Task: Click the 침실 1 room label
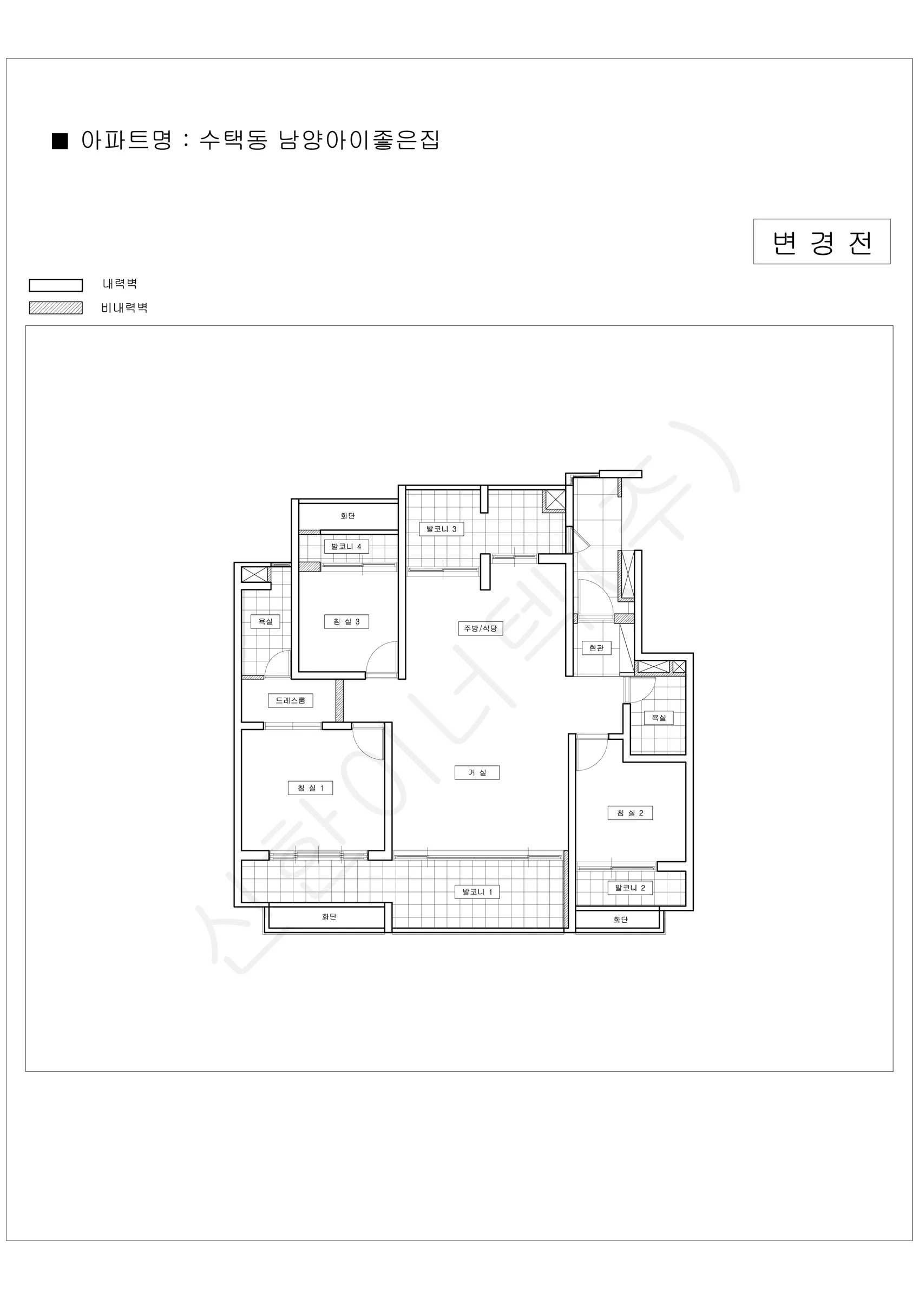coord(310,788)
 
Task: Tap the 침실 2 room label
coord(630,813)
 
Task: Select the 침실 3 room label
coord(346,621)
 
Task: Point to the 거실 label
coord(477,772)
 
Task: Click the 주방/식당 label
coord(481,628)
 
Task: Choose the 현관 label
coord(596,648)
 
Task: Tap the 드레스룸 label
coord(290,700)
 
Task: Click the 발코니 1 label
coord(477,892)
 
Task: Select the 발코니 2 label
coord(630,888)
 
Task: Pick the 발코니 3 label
coord(442,529)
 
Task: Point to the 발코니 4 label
coord(346,547)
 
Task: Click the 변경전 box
coord(822,241)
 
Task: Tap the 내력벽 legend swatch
coord(55,285)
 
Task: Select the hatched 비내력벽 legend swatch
coord(55,308)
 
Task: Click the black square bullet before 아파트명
coord(60,141)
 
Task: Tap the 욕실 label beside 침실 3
coord(265,621)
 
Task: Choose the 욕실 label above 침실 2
coord(659,717)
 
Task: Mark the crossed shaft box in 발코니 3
coord(555,500)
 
